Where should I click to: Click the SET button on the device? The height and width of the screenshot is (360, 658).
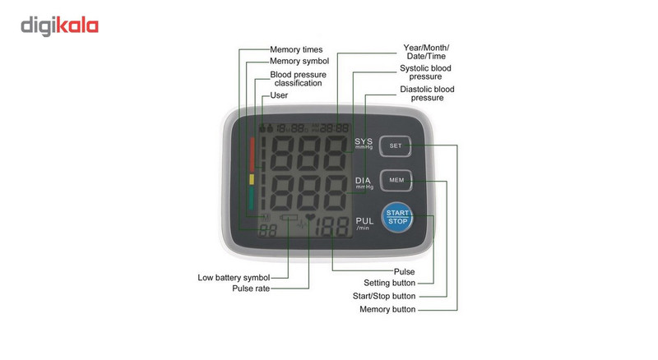396,146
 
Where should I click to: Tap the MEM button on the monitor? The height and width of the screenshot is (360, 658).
396,181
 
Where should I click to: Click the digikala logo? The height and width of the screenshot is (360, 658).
59,26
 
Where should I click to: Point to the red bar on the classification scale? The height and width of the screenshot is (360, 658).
252,154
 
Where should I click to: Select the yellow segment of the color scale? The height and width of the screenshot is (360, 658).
252,179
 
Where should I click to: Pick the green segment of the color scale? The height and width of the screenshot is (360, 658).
251,198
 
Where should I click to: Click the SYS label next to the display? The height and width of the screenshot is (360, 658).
364,142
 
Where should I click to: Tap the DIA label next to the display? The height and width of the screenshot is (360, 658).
363,181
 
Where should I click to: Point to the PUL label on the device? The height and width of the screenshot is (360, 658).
364,221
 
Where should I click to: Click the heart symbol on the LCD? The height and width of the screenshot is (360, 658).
310,217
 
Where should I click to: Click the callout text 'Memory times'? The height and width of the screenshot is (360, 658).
296,50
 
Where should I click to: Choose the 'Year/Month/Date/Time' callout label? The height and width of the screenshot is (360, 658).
426,52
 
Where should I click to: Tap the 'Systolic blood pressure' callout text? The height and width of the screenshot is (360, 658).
425,72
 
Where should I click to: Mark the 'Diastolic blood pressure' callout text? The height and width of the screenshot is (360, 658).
427,93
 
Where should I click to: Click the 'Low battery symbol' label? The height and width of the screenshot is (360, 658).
234,278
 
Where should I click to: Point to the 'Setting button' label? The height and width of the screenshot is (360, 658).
389,283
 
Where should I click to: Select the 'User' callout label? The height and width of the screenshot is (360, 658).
279,95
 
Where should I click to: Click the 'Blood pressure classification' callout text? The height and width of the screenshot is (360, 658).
299,79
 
